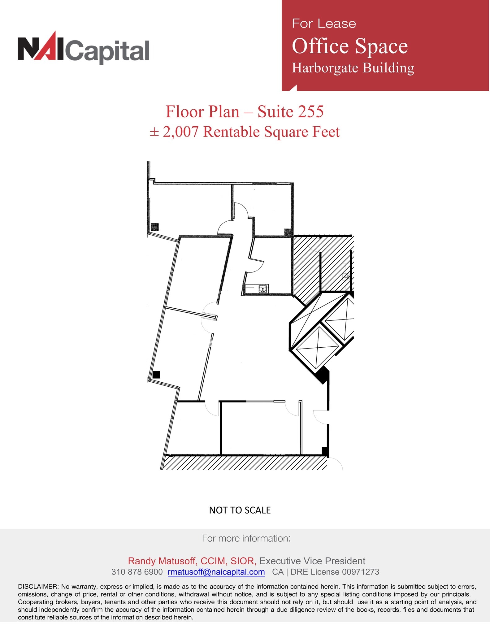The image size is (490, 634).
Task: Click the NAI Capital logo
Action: pyautogui.click(x=83, y=48)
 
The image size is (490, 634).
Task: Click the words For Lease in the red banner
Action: pyautogui.click(x=324, y=24)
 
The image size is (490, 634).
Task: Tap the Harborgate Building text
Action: pyautogui.click(x=353, y=68)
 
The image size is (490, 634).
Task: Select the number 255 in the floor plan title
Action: pyautogui.click(x=310, y=111)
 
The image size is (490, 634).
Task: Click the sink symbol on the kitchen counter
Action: pyautogui.click(x=263, y=289)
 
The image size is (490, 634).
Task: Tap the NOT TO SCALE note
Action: pyautogui.click(x=240, y=510)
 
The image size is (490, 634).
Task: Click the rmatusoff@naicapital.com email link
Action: pyautogui.click(x=216, y=572)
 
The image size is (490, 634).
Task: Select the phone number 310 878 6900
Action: pyautogui.click(x=137, y=572)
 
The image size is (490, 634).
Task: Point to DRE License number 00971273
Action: pyautogui.click(x=360, y=572)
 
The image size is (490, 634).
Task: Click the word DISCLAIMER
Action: pyautogui.click(x=38, y=586)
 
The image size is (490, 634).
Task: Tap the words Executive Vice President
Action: pyautogui.click(x=312, y=561)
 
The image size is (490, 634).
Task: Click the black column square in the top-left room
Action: pyautogui.click(x=155, y=227)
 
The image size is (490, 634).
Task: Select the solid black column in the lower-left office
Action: pyautogui.click(x=156, y=375)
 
